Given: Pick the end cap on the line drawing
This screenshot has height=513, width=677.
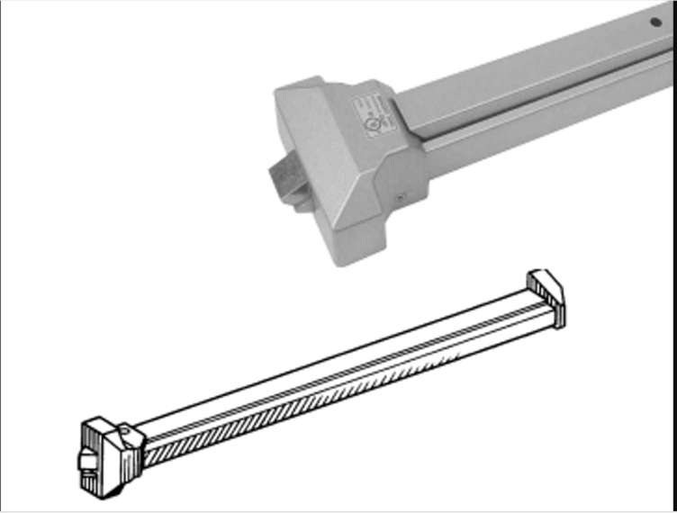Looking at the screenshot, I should [547, 295].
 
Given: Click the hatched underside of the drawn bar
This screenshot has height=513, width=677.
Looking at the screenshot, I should [342, 396].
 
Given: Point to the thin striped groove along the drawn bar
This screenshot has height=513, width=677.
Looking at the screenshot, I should [342, 378].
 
